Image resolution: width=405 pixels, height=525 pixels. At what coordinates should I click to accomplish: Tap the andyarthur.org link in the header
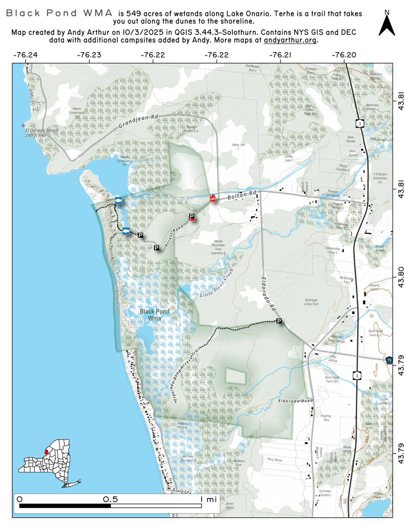click(x=290, y=39)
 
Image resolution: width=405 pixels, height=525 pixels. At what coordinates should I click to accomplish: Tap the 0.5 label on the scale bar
click(x=111, y=499)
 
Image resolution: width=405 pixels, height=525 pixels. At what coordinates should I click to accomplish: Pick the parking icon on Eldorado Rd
click(x=279, y=321)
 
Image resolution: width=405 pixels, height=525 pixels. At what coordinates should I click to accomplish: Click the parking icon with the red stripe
click(x=192, y=217)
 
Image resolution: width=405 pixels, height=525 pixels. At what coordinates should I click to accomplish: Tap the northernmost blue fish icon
click(x=118, y=200)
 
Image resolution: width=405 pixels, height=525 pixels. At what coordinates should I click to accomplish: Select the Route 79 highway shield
click(x=389, y=361)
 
